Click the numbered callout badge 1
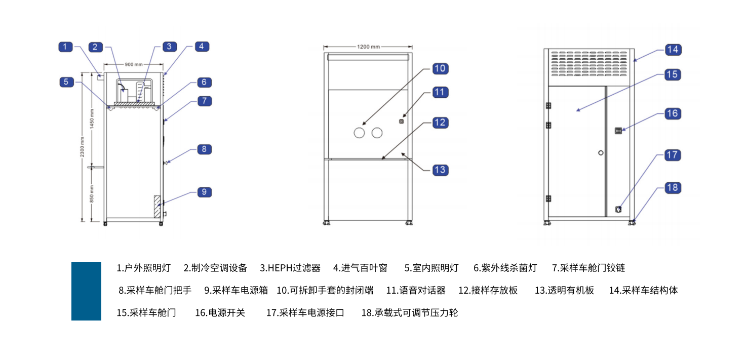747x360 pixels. pos(65,47)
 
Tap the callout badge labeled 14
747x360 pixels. pos(672,50)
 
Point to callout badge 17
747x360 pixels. pos(672,154)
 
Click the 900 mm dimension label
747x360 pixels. pos(134,64)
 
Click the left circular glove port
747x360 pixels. pos(359,133)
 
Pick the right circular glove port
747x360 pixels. pos(377,133)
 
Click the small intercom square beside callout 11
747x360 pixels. pos(402,121)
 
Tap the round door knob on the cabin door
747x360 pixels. pos(601,152)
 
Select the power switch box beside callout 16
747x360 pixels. pos(618,131)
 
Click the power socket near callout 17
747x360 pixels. pos(618,209)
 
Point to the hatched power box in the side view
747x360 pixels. pos(157,207)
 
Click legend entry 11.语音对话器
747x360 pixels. pos(416,290)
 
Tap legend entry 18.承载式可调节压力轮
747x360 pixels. pos(409,313)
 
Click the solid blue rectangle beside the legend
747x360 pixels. pos(86,291)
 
